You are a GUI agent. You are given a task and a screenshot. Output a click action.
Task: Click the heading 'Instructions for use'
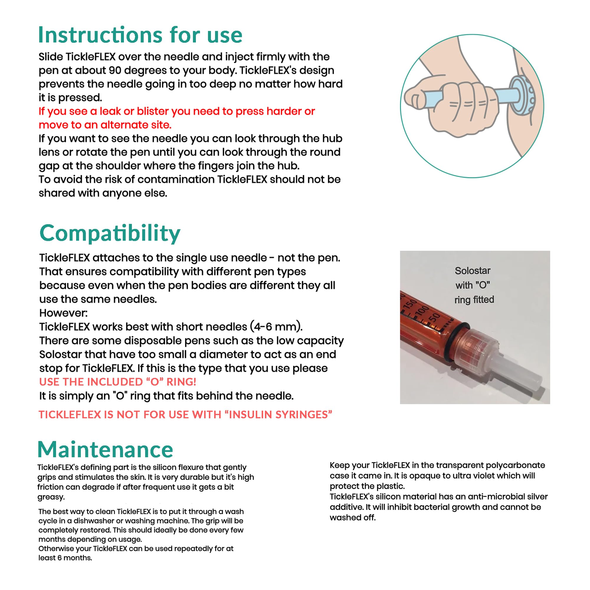point(140,35)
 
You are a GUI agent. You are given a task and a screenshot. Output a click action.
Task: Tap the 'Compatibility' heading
point(110,233)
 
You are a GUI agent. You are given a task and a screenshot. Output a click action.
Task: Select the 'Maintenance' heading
point(105,450)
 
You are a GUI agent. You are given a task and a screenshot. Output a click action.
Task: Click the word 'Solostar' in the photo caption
point(472,271)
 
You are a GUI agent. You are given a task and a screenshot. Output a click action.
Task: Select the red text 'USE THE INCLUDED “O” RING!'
point(118,382)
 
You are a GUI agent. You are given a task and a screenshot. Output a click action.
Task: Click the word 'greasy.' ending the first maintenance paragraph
point(51,497)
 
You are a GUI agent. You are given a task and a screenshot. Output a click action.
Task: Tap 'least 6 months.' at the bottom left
point(65,558)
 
